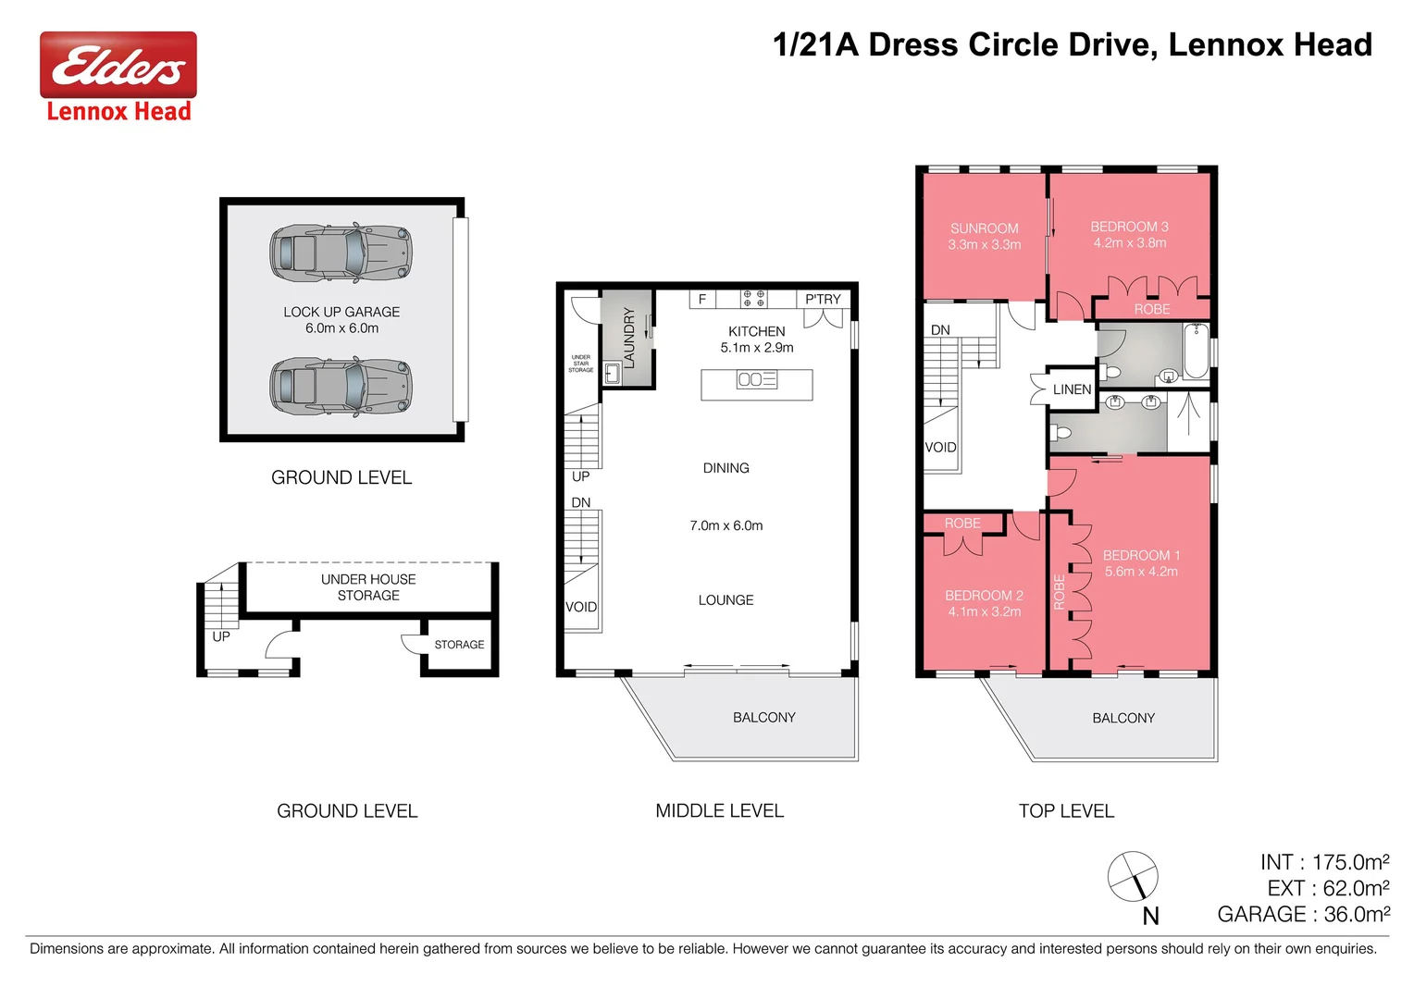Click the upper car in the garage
tap(340, 252)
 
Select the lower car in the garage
tap(340, 387)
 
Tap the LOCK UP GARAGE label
tap(341, 313)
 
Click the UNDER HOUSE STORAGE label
tap(368, 587)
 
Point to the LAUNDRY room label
tap(629, 338)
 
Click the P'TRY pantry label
tap(823, 299)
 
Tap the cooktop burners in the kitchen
tap(753, 299)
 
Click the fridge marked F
tap(702, 299)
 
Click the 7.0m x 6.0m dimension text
tap(726, 525)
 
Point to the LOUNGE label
tap(726, 600)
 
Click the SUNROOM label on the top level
tap(984, 228)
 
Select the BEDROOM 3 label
tap(1129, 227)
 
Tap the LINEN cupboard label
tap(1072, 389)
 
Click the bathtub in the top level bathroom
tap(1196, 351)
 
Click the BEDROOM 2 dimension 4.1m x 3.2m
tap(984, 611)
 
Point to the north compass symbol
tap(1134, 876)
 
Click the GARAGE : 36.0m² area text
tap(1303, 914)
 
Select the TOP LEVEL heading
tap(1066, 811)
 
